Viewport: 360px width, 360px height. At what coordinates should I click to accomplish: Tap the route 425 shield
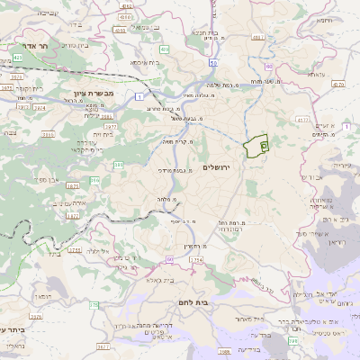[x=17, y=58]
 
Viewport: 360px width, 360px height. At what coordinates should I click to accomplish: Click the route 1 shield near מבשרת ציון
[x=140, y=95]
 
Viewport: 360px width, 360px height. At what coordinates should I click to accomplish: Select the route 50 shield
[x=212, y=64]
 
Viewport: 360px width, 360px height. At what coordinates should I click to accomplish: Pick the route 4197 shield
[x=259, y=37]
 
